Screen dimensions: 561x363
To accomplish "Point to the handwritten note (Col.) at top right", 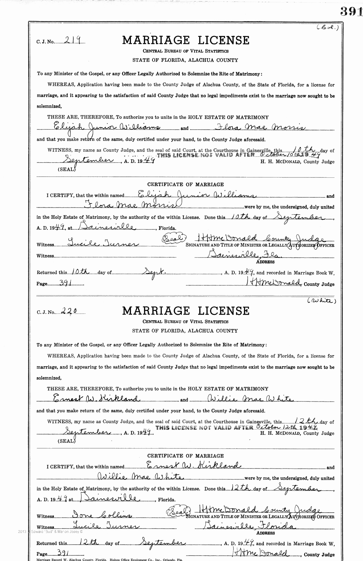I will coord(328,28).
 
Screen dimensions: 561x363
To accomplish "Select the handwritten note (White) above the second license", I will coord(322,301).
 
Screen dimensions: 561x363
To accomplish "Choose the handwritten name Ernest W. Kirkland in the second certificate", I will coord(193,465).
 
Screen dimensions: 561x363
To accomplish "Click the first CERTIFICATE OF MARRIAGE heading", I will coord(185,184).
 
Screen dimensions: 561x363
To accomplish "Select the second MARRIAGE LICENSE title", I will coord(186,311).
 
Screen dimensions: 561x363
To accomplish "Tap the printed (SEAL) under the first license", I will coord(66,169).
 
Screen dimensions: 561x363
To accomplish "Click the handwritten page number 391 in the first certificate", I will coord(66,283).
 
